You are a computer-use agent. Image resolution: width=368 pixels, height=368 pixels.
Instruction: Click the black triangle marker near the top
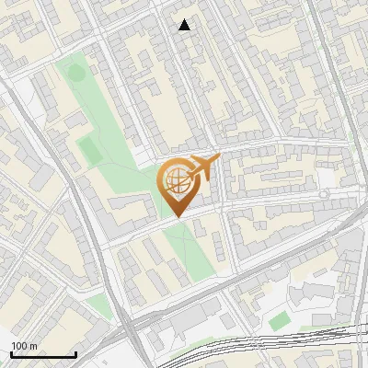tap(185, 25)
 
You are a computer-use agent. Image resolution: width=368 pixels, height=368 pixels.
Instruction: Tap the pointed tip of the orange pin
tap(178, 216)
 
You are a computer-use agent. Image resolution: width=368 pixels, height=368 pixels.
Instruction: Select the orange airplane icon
tap(202, 168)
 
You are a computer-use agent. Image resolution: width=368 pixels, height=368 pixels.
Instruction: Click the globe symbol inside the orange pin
tap(177, 180)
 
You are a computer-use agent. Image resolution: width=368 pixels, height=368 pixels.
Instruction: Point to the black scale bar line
tap(43, 355)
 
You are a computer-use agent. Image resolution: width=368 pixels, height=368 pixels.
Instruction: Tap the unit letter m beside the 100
tap(34, 347)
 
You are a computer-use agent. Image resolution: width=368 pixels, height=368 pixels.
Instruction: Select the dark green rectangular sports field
tap(89, 148)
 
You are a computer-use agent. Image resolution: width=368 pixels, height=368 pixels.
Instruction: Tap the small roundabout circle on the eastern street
tap(323, 195)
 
